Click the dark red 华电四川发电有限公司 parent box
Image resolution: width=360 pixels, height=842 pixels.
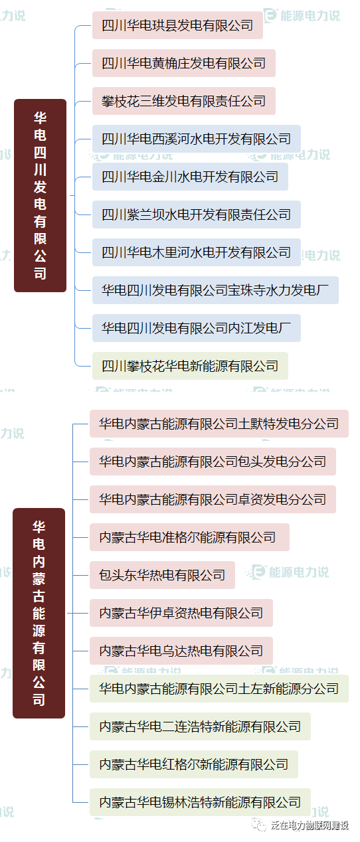click(41, 195)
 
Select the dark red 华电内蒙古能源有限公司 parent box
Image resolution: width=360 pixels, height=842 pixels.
click(39, 613)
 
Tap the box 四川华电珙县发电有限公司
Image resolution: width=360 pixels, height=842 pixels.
click(177, 25)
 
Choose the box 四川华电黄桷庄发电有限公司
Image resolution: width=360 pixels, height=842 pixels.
click(184, 63)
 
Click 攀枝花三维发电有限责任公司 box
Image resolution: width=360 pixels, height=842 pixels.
click(184, 101)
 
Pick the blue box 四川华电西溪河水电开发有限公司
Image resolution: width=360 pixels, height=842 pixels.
click(197, 139)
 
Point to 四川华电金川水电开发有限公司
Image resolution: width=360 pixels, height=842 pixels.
click(191, 177)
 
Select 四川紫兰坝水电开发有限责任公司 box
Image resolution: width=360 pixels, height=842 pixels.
click(197, 214)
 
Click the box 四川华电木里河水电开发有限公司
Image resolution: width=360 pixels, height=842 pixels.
click(197, 252)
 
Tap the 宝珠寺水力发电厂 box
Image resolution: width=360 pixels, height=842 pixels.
click(216, 290)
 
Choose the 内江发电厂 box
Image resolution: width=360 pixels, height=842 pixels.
click(197, 328)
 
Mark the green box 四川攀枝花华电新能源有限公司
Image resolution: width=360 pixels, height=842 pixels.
click(191, 366)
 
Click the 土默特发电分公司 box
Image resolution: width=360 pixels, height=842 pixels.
click(219, 424)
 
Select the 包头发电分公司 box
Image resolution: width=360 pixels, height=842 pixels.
click(213, 462)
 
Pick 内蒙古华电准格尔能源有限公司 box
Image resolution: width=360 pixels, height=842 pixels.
click(189, 537)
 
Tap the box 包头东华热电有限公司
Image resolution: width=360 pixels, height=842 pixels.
click(162, 575)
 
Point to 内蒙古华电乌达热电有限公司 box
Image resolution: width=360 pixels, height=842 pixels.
click(181, 651)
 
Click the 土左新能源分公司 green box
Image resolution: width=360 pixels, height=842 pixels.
click(219, 689)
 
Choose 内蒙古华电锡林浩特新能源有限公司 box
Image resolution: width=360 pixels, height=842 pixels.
click(200, 802)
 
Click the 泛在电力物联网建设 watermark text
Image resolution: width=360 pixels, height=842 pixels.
click(310, 825)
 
